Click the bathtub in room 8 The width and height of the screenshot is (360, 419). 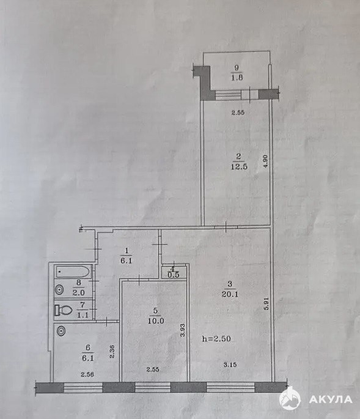point(73,272)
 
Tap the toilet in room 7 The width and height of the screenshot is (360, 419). point(64,310)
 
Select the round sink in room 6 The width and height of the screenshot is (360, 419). point(61,331)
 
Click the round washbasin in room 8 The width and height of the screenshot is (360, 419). point(59,289)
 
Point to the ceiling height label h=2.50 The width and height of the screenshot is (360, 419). point(216,339)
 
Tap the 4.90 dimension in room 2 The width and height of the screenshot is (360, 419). point(265,161)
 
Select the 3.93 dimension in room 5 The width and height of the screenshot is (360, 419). point(183,330)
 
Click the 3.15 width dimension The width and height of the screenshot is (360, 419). point(230,365)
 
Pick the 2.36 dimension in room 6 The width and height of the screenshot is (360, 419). point(112,351)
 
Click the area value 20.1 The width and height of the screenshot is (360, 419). point(230,294)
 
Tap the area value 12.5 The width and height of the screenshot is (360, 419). point(239,166)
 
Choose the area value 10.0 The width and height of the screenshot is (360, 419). point(156,321)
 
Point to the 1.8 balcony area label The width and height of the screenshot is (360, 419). point(237,78)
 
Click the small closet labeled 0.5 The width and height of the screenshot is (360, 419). point(174,272)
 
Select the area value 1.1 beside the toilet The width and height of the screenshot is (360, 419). point(83,315)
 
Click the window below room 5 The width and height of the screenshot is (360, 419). point(152,387)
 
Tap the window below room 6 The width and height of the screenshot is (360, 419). point(83,387)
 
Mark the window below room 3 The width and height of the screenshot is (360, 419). point(230,387)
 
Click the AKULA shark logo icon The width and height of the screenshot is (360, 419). point(290,399)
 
